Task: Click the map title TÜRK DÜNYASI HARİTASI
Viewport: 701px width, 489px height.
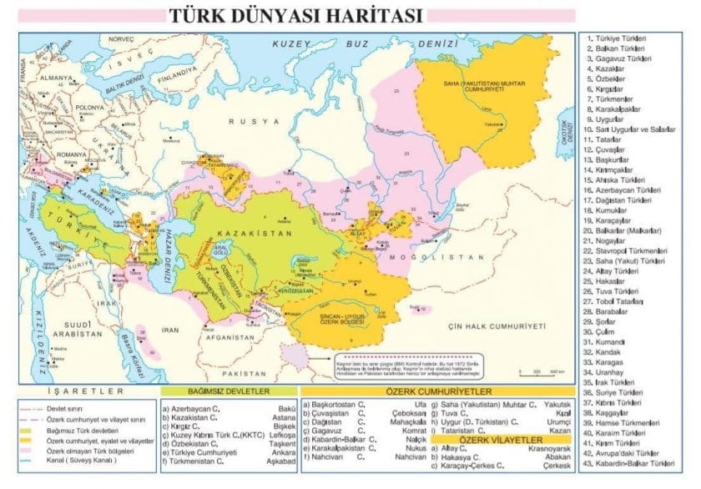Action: (x=296, y=15)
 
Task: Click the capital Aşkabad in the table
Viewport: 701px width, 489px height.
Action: (x=280, y=461)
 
